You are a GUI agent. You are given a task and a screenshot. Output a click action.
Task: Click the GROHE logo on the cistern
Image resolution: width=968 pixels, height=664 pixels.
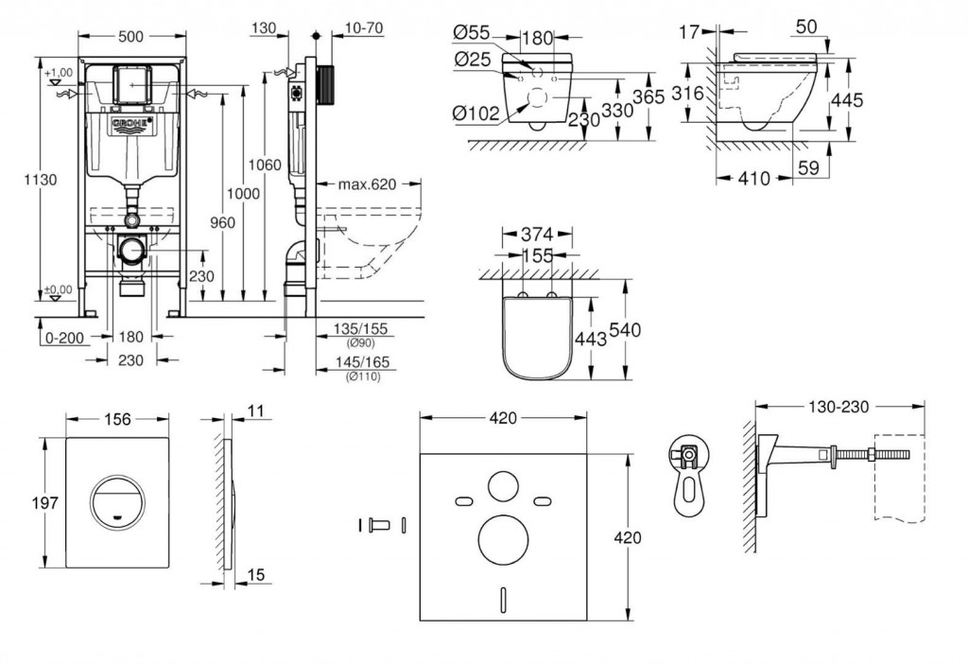coord(130,124)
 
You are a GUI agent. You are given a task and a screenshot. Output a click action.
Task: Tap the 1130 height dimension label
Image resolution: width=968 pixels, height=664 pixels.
coord(41,180)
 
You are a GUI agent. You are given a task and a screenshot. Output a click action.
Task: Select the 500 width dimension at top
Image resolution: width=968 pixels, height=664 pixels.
coord(130,37)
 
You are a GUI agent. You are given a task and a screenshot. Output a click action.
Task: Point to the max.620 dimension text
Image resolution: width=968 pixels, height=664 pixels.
coord(368,184)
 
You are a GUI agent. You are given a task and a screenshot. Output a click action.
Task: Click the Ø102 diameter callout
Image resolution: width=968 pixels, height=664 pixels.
coord(475,114)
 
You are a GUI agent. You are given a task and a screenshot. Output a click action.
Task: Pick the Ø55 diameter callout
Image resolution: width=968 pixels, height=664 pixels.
coord(472,33)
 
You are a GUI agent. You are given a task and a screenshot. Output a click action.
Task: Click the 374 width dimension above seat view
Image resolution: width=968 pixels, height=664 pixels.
coord(537,234)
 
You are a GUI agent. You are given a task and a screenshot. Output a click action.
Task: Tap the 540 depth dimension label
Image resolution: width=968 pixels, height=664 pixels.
coord(626,330)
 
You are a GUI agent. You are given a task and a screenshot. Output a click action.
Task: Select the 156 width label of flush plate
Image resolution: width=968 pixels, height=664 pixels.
coord(117,419)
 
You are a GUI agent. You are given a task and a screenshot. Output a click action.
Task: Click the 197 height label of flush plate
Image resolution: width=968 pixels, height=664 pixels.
coord(45,503)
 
